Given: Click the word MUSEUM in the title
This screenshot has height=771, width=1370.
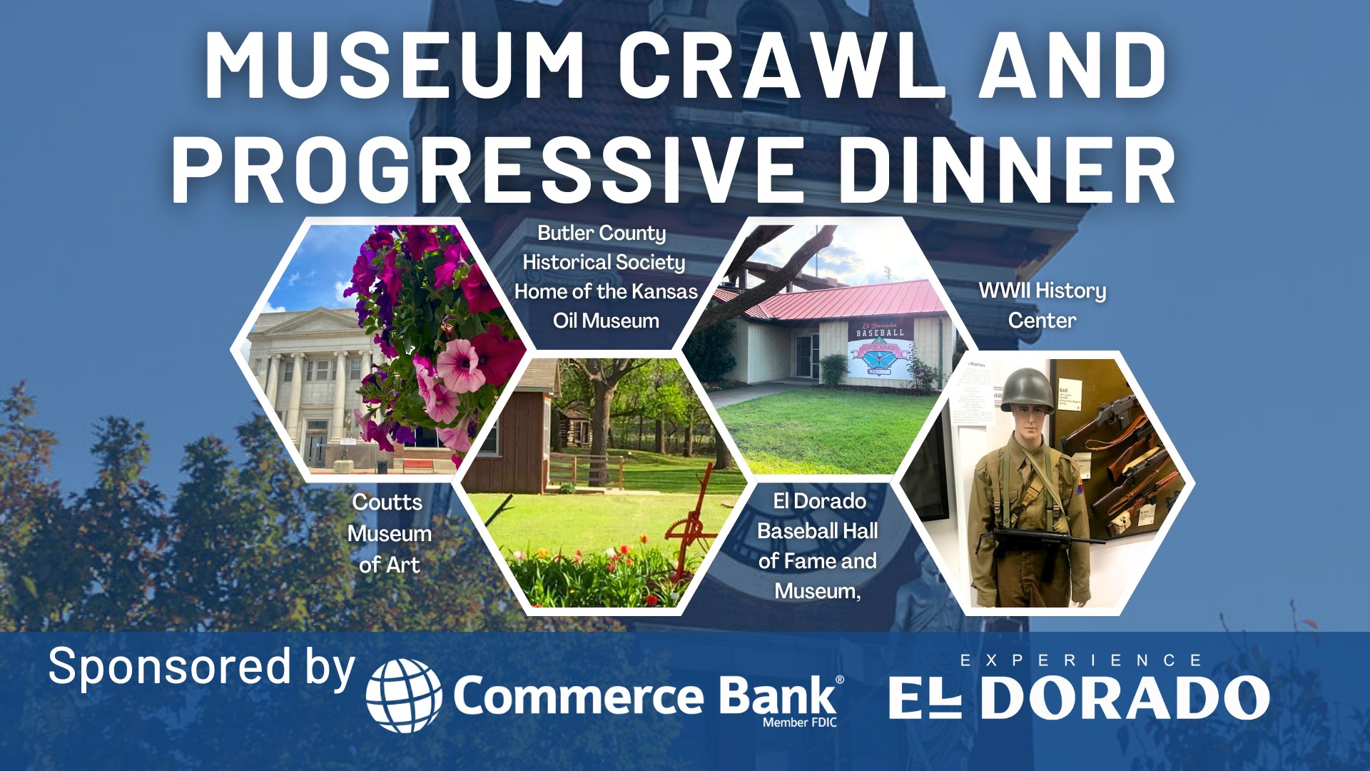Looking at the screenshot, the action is click(395, 65).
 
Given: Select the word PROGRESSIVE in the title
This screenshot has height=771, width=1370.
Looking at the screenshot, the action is click(484, 170).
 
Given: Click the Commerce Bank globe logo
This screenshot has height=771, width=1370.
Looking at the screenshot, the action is click(404, 696).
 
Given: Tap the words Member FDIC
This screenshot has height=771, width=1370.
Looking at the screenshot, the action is click(799, 722).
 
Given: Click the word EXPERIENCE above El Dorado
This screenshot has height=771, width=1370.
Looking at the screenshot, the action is click(1080, 660).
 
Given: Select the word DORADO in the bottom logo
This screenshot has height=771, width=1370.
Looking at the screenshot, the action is click(1125, 697).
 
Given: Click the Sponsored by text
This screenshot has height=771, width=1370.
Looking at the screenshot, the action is click(201, 668).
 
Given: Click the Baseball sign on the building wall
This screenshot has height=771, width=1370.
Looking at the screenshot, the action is click(880, 351).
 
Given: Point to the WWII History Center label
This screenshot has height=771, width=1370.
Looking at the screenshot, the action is click(1042, 306).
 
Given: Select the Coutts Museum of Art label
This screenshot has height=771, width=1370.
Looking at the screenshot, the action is click(389, 533).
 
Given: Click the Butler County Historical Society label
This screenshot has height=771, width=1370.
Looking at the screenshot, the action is click(606, 277).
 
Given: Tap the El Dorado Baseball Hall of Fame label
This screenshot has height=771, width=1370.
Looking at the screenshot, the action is click(818, 546).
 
